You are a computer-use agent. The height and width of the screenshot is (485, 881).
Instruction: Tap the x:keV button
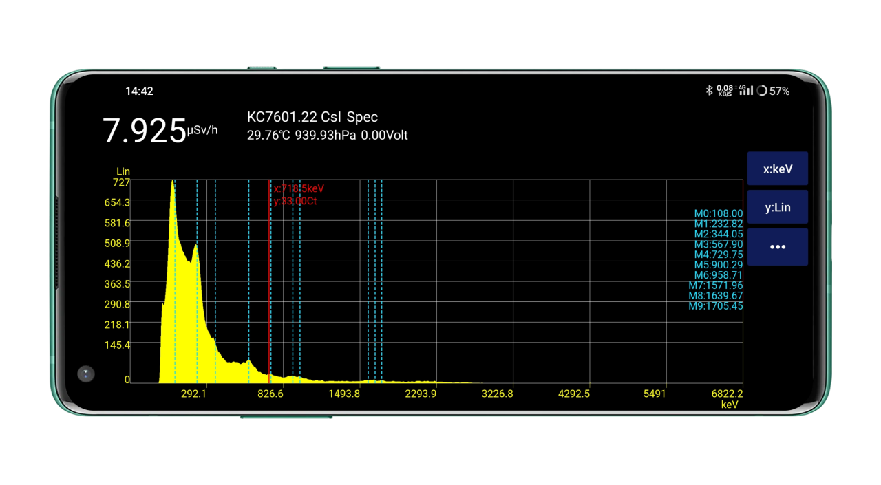click(x=777, y=169)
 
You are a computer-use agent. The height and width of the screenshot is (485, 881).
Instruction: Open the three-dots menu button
click(x=777, y=247)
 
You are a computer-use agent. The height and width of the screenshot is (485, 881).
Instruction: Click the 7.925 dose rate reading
click(x=145, y=131)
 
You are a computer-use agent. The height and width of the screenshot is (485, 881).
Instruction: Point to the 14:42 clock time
click(x=139, y=91)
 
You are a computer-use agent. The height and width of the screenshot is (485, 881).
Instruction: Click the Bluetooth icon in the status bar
click(x=709, y=90)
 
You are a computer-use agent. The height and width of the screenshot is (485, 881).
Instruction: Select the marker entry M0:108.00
click(x=718, y=214)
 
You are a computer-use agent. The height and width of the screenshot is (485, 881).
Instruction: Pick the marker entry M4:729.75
click(x=718, y=255)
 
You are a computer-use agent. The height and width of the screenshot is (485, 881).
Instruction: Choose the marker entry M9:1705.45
click(x=716, y=306)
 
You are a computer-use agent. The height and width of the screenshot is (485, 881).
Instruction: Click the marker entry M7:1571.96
click(x=716, y=285)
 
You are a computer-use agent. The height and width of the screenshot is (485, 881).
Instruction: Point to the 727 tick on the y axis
click(x=121, y=182)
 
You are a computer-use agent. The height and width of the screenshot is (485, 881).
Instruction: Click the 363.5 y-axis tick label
click(x=117, y=284)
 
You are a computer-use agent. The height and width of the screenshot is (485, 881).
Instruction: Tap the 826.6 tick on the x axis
click(x=270, y=394)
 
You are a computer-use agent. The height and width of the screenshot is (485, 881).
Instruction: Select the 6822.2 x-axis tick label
click(x=727, y=394)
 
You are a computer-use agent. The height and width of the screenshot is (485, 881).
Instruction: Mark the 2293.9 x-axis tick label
click(x=421, y=394)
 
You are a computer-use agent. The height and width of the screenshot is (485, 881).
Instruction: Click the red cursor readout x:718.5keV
click(x=299, y=188)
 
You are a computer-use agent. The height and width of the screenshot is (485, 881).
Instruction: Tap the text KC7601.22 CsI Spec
click(x=312, y=117)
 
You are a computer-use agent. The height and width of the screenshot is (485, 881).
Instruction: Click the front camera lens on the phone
click(x=85, y=374)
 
